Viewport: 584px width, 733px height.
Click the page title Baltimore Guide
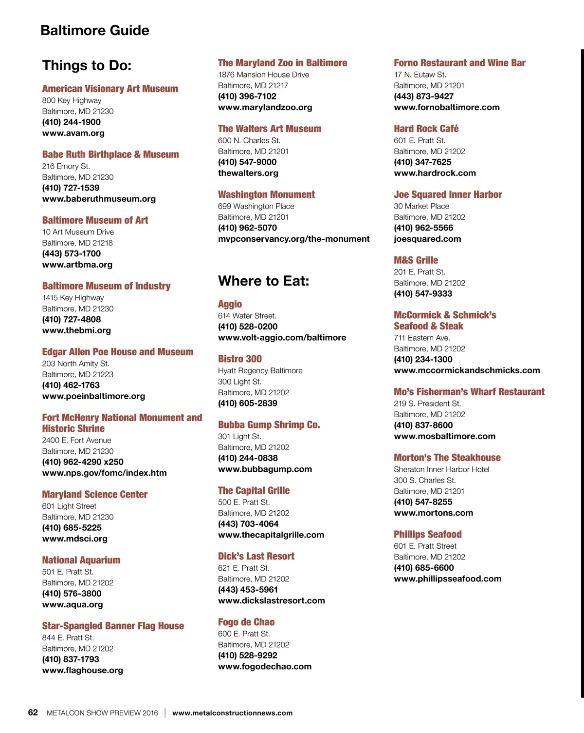pos(95,30)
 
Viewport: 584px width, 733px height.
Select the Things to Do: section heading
pos(87,65)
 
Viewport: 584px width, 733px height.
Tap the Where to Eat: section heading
pos(263,281)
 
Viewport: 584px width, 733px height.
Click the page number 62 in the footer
pos(33,713)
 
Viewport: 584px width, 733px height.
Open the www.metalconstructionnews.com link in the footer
pos(232,713)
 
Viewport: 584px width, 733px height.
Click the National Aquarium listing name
pos(81,560)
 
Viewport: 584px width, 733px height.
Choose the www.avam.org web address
pos(73,133)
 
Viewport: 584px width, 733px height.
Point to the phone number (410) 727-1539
pos(71,188)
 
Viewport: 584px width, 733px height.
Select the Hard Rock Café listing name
pos(426,129)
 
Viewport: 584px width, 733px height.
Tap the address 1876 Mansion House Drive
pos(263,75)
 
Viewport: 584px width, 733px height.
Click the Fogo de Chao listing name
pos(246,622)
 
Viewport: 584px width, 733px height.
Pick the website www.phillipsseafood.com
pos(447,579)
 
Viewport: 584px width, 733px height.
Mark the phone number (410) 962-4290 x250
pos(83,462)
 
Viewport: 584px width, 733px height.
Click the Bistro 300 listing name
pos(239,359)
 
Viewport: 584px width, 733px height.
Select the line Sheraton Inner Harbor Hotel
pos(441,469)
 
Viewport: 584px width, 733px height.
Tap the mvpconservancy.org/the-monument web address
pos(293,239)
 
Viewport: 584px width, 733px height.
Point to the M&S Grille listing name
pos(416,260)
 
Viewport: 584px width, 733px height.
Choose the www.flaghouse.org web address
pos(82,670)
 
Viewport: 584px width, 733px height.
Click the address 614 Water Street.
pos(247,316)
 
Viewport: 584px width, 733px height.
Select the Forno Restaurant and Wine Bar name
pos(459,63)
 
